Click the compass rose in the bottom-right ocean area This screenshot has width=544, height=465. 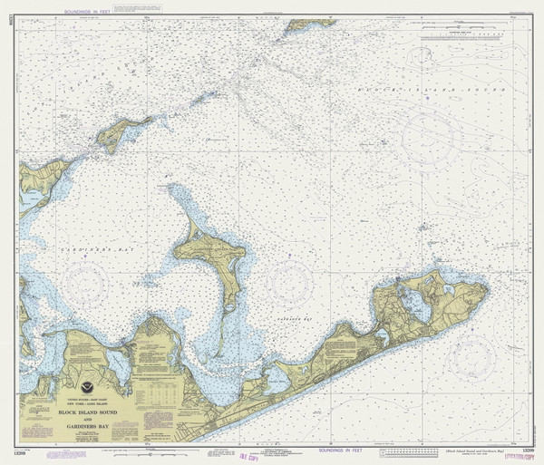tap(474, 355)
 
